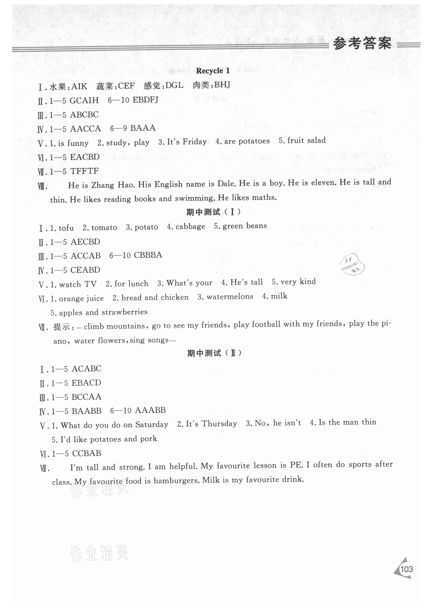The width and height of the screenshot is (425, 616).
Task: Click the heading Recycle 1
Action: [x=213, y=71]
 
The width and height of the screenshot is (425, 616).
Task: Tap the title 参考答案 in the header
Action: [x=362, y=43]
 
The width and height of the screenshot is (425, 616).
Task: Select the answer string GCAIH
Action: [x=84, y=101]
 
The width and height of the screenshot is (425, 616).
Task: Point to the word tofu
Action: [x=66, y=228]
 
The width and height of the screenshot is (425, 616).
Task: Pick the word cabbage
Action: [x=190, y=227]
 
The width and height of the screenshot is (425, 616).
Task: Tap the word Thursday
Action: [x=219, y=424]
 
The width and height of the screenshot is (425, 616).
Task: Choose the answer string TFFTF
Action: [x=84, y=171]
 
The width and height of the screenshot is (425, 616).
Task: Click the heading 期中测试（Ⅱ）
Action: [x=214, y=353]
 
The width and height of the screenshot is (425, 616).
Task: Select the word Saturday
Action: [x=152, y=424]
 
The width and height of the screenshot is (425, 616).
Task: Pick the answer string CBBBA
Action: [x=148, y=255]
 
